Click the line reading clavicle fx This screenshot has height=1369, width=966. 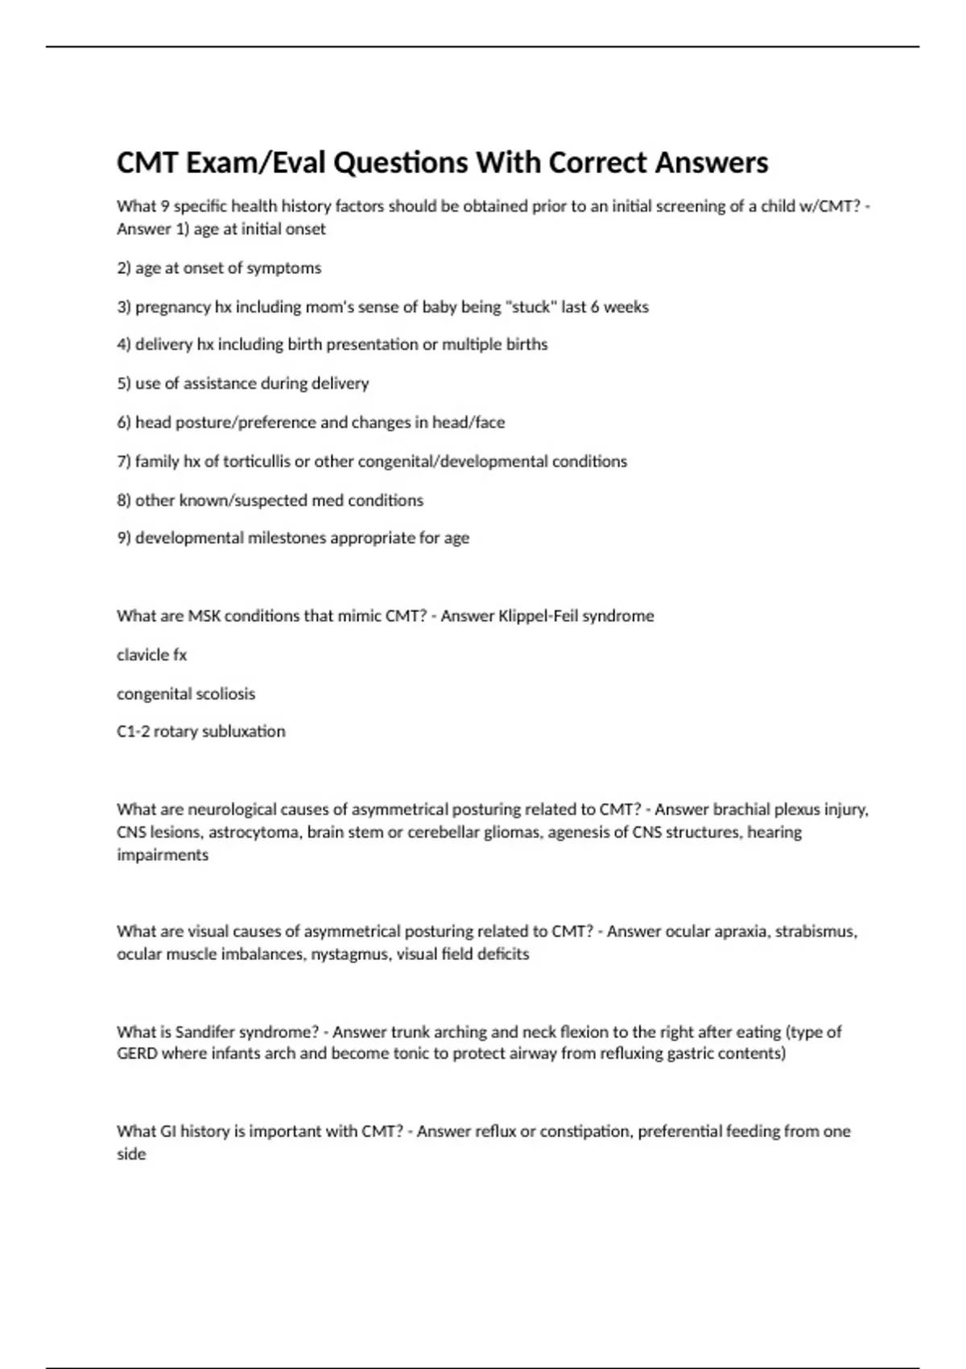[x=151, y=655]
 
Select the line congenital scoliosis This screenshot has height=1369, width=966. [x=186, y=693]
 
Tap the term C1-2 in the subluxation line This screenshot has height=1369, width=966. [x=133, y=731]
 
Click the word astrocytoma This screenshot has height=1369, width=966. [x=254, y=832]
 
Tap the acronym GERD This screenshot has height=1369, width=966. [x=137, y=1053]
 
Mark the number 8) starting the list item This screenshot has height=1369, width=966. [x=124, y=500]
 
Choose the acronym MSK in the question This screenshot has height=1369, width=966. [x=204, y=616]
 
